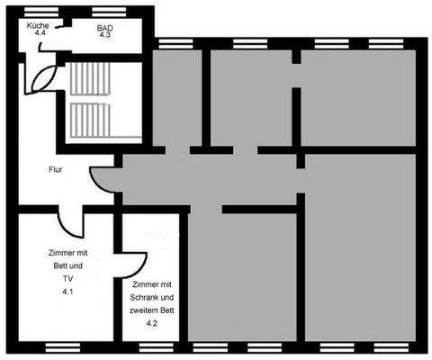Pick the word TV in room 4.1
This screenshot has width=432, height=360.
[67, 279]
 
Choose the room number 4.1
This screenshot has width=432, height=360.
[67, 292]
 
